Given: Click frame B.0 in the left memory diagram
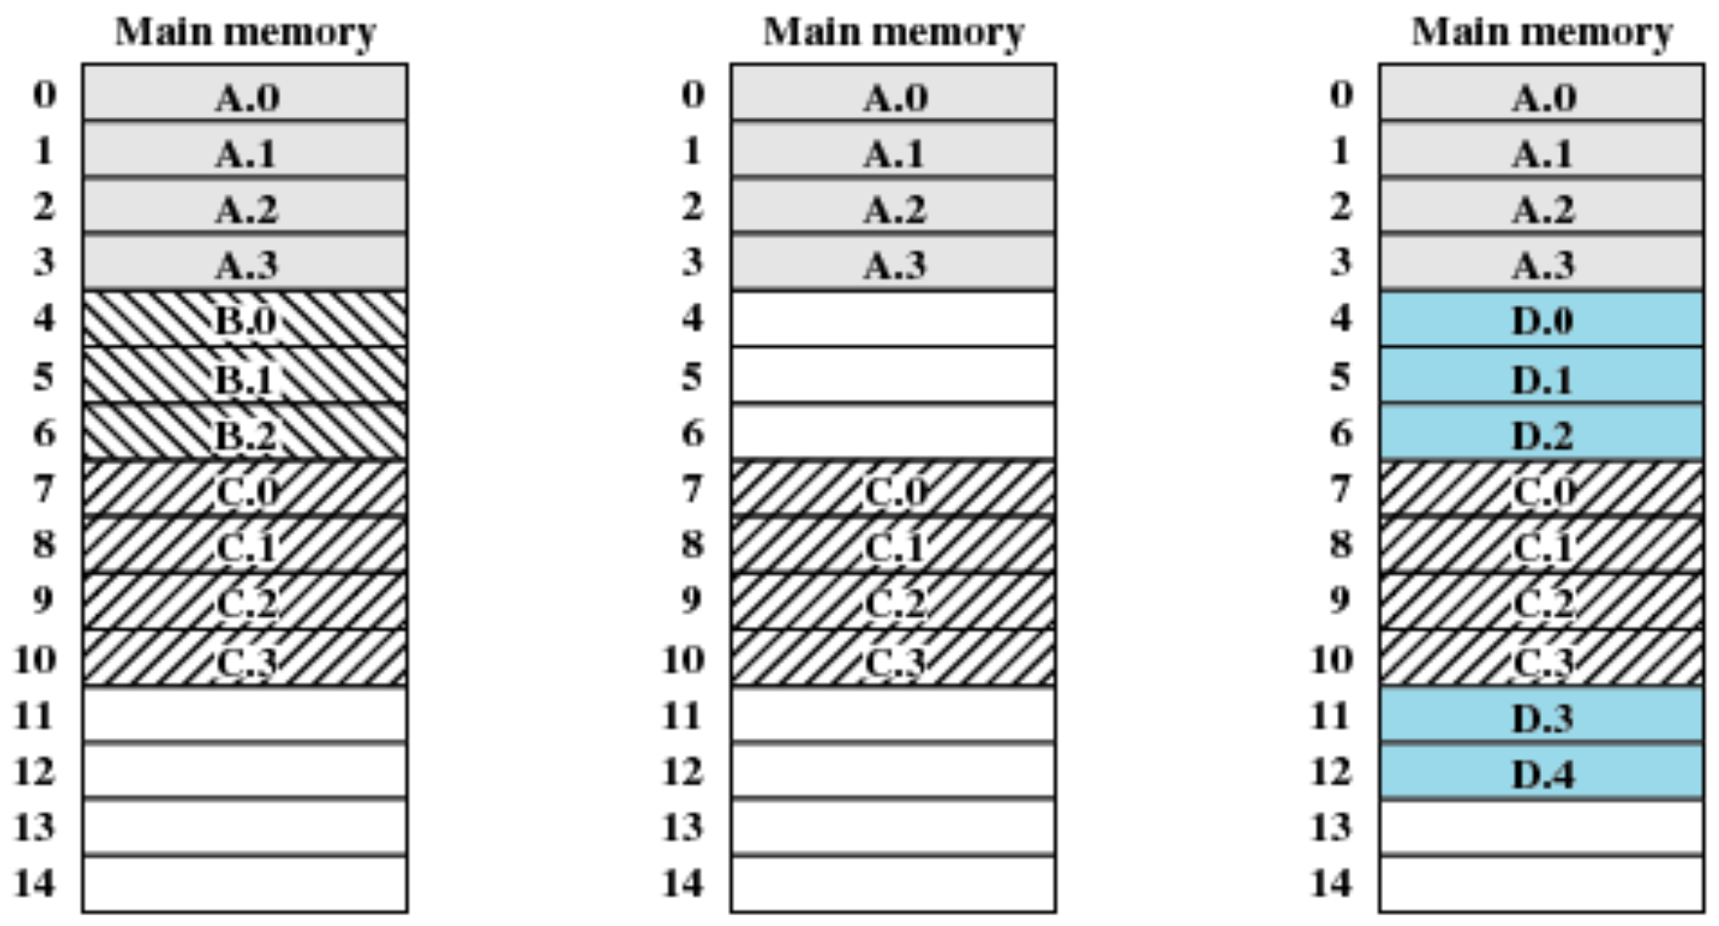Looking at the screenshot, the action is (x=245, y=320).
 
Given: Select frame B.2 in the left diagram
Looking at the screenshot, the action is (x=245, y=433).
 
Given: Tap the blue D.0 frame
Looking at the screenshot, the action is (x=1542, y=320).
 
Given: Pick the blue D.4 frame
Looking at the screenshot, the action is (x=1542, y=773).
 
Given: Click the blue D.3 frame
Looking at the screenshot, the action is (x=1542, y=716).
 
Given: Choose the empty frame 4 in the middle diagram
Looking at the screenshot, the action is (x=893, y=319).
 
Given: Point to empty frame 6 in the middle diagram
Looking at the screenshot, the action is (x=893, y=432).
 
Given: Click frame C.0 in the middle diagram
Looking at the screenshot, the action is (x=893, y=489).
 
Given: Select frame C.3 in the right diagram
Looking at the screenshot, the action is (x=1542, y=660).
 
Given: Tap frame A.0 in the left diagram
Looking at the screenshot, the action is (x=245, y=95).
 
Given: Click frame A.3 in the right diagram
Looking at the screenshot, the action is (x=1542, y=263).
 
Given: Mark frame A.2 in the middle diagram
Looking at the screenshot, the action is (x=893, y=207).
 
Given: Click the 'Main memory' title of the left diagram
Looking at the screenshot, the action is (x=245, y=32).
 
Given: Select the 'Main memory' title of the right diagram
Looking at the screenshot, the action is (x=1542, y=32).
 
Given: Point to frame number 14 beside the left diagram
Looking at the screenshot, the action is (x=34, y=883).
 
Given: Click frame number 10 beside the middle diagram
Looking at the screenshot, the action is (x=682, y=660).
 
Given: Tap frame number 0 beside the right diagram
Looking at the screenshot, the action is (x=1341, y=95).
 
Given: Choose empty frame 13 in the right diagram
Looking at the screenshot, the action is (x=1542, y=829).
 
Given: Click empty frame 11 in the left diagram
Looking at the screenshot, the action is (x=245, y=715).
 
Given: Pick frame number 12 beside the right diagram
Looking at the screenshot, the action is (x=1331, y=772).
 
